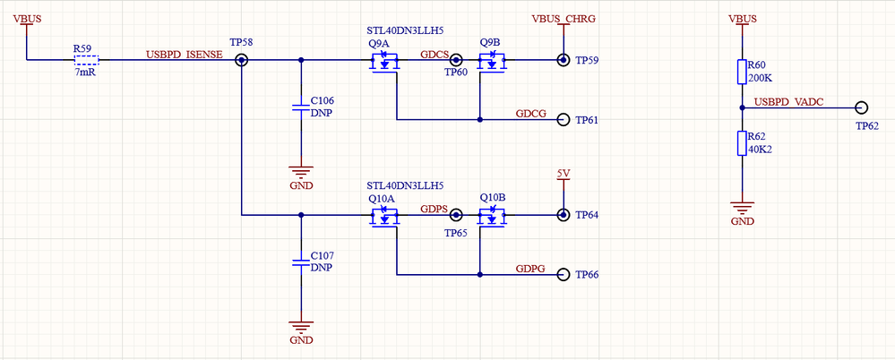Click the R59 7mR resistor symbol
[x=86, y=60]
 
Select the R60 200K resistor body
[x=742, y=73]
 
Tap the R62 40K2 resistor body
[x=742, y=143]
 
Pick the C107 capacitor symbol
[x=301, y=261]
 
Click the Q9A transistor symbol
[x=385, y=63]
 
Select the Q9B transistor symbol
[x=491, y=63]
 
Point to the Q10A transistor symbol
[x=385, y=217]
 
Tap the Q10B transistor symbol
[x=491, y=217]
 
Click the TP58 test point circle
[x=242, y=60]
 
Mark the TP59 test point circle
[x=563, y=60]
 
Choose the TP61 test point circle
[x=563, y=120]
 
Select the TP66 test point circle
[x=563, y=274]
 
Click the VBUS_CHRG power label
[x=564, y=18]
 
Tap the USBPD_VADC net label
[x=790, y=101]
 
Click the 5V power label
[x=563, y=172]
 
